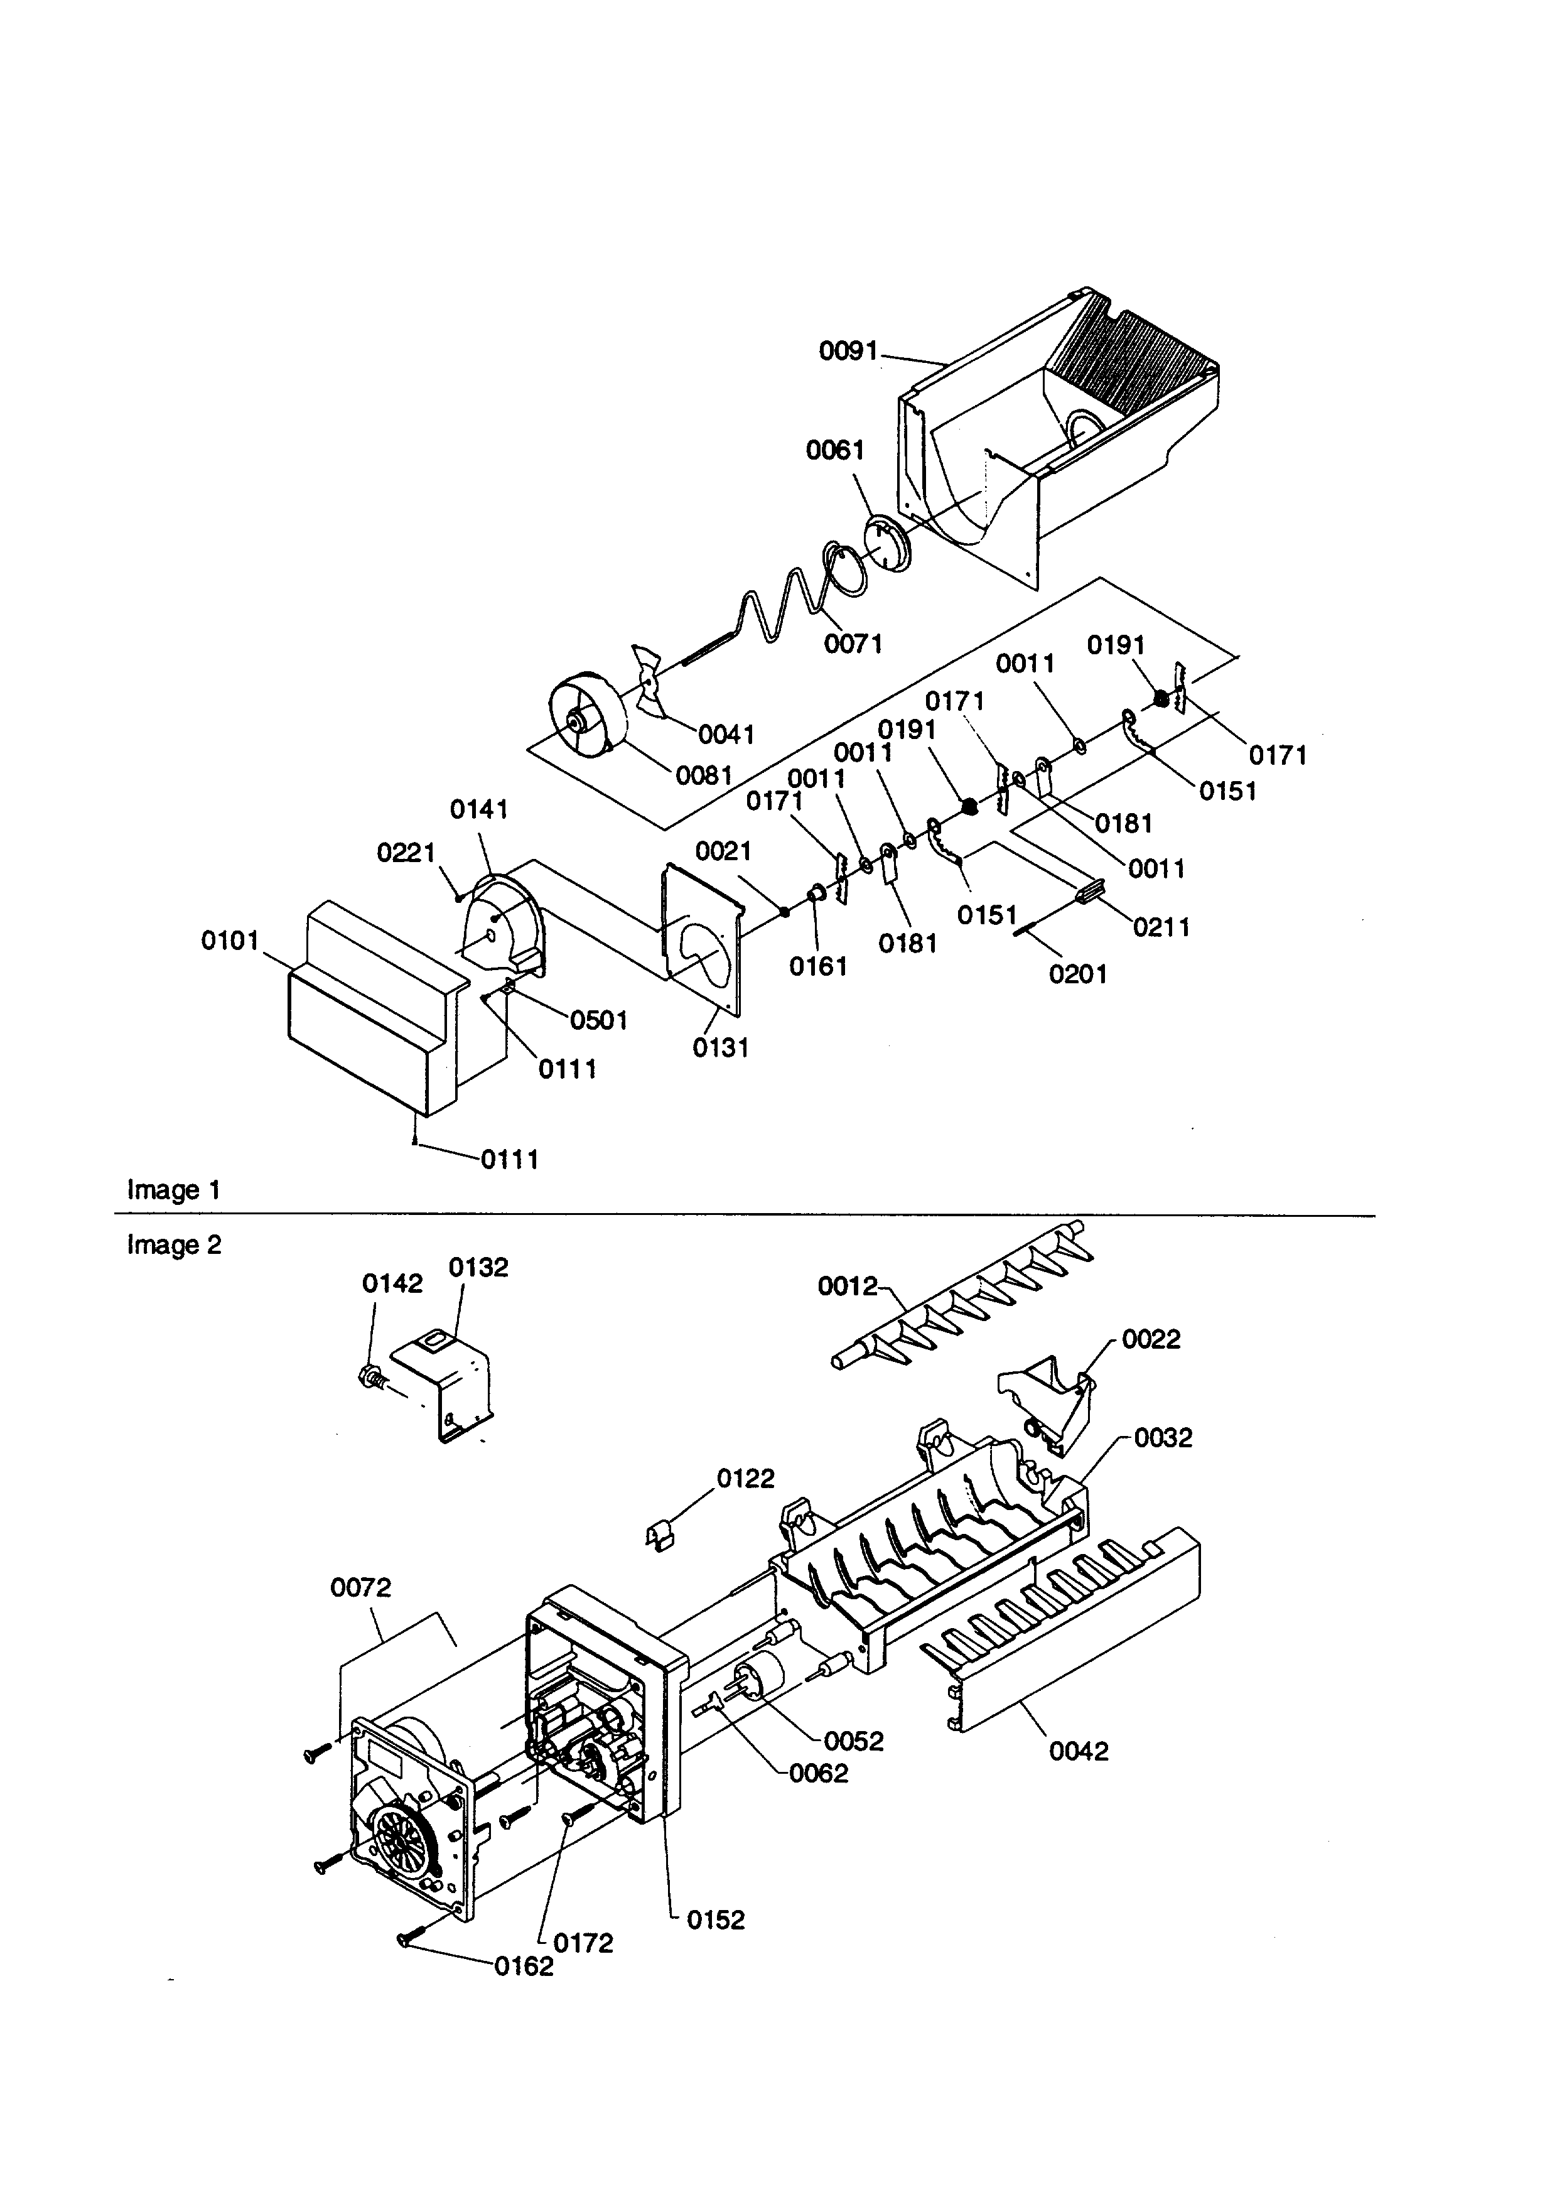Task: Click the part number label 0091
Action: tap(848, 352)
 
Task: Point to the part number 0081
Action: tap(704, 775)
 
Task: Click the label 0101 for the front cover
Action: tap(230, 941)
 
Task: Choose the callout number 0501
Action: tap(598, 1020)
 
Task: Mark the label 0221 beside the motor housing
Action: tap(406, 853)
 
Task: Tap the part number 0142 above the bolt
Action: tap(392, 1284)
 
